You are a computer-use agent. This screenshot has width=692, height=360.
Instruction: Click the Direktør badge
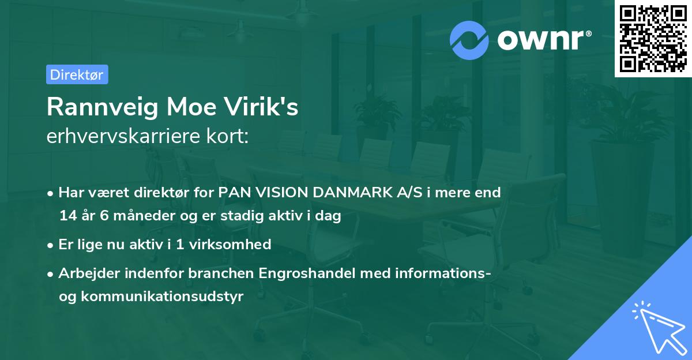(77, 74)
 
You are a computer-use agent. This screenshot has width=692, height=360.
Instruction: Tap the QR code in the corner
(653, 38)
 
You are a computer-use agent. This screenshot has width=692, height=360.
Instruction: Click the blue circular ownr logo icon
(469, 40)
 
